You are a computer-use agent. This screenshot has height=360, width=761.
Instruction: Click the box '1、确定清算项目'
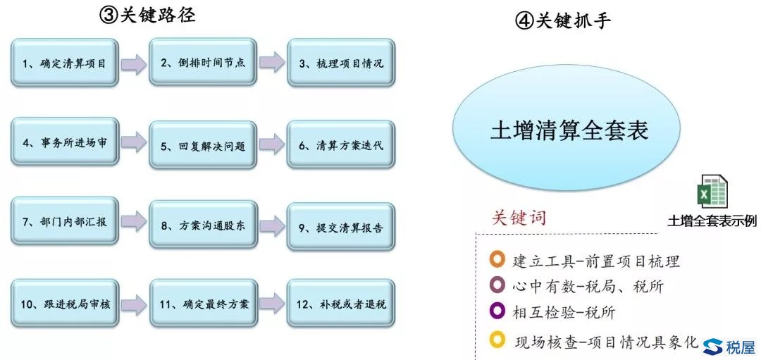(x=64, y=63)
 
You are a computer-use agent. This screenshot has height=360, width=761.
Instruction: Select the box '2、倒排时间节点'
(x=202, y=63)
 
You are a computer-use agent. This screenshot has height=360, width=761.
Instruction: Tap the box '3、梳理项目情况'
(x=340, y=63)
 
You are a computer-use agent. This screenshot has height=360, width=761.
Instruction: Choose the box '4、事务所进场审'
(x=64, y=143)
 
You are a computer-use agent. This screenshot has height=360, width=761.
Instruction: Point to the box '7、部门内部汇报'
(x=64, y=223)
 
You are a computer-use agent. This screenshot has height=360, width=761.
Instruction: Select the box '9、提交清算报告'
(x=340, y=227)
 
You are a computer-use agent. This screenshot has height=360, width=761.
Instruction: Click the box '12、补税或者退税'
(x=340, y=304)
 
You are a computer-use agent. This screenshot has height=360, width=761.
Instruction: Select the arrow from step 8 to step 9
(x=271, y=225)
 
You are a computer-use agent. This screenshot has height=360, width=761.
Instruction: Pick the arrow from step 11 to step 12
(x=271, y=304)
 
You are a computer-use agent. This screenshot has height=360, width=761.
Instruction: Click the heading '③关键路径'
(x=147, y=15)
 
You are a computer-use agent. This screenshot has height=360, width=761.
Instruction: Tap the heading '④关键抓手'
(x=563, y=20)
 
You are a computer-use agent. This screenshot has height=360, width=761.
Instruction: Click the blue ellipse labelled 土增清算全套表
(x=568, y=132)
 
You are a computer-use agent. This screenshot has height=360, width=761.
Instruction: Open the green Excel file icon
(x=711, y=192)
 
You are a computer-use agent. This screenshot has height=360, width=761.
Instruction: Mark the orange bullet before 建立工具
(x=497, y=260)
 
